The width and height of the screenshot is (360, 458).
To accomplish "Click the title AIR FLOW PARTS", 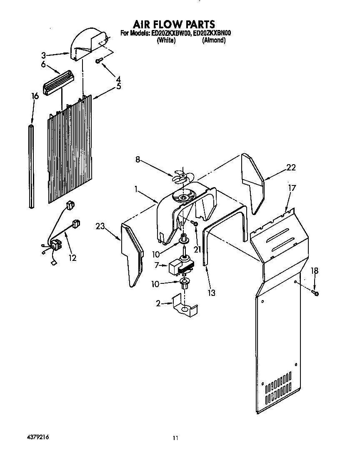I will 174,24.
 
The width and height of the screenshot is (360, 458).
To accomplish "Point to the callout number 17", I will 292,188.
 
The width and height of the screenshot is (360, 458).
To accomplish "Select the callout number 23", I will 100,227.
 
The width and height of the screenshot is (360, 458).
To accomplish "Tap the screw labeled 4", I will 98,61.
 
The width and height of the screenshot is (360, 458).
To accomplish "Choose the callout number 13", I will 211,293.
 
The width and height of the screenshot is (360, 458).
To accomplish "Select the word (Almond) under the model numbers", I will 214,40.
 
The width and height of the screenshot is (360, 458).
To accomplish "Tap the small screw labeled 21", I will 194,224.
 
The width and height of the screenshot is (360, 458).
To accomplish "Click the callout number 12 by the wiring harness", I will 72,258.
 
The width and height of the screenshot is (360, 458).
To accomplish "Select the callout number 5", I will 119,87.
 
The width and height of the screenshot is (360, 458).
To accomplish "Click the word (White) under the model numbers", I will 166,40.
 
